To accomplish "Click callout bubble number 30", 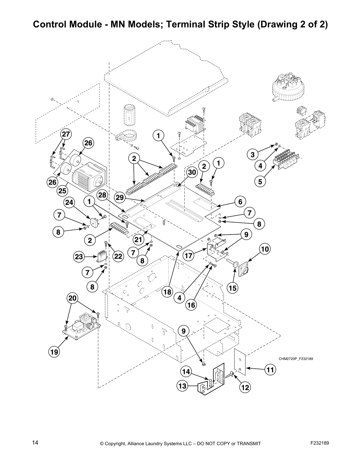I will coord(192,173).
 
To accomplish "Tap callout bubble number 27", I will coord(66,134).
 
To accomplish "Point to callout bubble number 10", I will coord(265,249).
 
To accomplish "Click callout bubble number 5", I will coord(260,182).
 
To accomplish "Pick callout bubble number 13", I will coord(183,386).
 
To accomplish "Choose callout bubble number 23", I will coord(79,257).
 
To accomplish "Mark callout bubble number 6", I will coord(240,202).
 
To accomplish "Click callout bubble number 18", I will coord(167,292).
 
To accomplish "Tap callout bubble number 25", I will coord(62,191).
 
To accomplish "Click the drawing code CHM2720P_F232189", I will coord(296,359).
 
